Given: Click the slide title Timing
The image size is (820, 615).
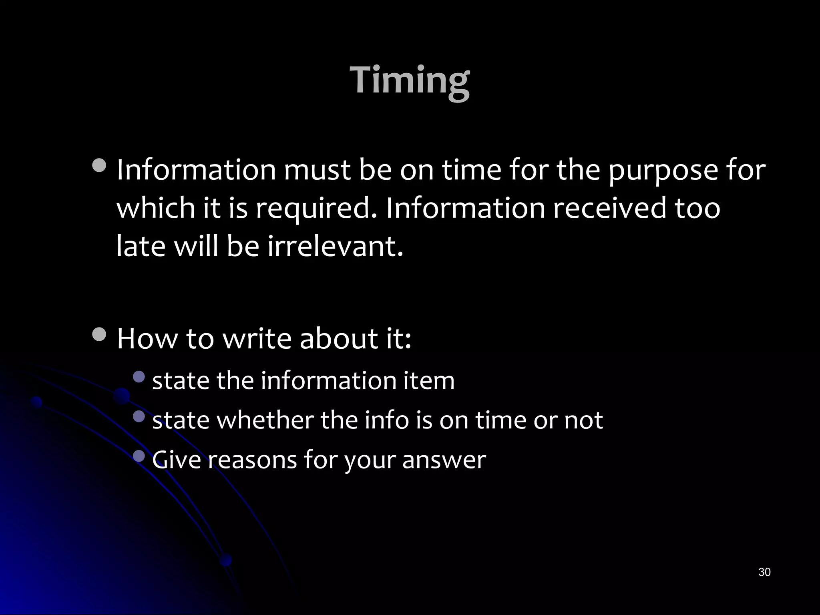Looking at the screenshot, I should [x=410, y=80].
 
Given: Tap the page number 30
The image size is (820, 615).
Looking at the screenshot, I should [x=764, y=572].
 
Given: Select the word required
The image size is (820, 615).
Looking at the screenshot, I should [x=316, y=208].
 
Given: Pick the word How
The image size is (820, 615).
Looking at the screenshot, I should [x=147, y=339].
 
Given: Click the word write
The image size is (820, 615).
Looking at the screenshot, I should [x=257, y=339].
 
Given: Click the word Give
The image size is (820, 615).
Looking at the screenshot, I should [x=176, y=459].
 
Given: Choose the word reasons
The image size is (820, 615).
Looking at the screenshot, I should [x=252, y=459].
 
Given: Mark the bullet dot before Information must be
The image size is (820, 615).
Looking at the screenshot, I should [x=99, y=165].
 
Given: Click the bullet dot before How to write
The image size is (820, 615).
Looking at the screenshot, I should [x=99, y=334].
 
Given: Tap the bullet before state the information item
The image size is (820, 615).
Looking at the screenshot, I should [x=139, y=376].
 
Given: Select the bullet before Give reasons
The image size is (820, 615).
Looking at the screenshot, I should [x=139, y=456].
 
